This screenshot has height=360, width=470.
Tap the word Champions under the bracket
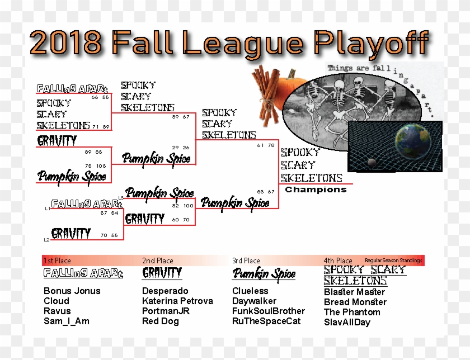(316, 190)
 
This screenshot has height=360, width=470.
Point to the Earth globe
(412, 141)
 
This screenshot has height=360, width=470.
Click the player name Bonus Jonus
(72, 291)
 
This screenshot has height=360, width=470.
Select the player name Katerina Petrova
(177, 301)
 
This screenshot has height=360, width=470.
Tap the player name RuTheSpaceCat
(266, 321)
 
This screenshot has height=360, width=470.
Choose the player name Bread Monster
(355, 302)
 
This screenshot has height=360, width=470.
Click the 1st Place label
(57, 260)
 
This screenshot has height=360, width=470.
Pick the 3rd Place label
(246, 260)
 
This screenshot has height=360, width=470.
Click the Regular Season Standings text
(393, 260)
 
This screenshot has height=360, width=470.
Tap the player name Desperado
(165, 291)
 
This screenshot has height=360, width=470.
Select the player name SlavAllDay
(347, 322)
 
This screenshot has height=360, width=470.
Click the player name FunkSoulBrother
(269, 311)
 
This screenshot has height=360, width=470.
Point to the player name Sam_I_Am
(66, 321)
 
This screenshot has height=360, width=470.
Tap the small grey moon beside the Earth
(371, 162)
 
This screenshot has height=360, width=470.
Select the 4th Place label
(338, 260)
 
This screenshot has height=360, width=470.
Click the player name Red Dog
(161, 321)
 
